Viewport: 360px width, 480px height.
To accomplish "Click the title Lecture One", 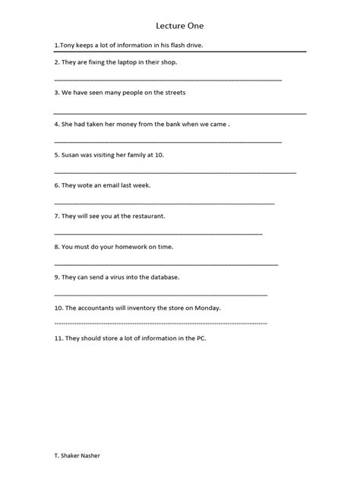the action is tap(180, 24).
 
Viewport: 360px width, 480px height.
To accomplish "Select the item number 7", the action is tap(56, 216).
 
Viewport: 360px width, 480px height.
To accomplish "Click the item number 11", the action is tap(58, 339).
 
